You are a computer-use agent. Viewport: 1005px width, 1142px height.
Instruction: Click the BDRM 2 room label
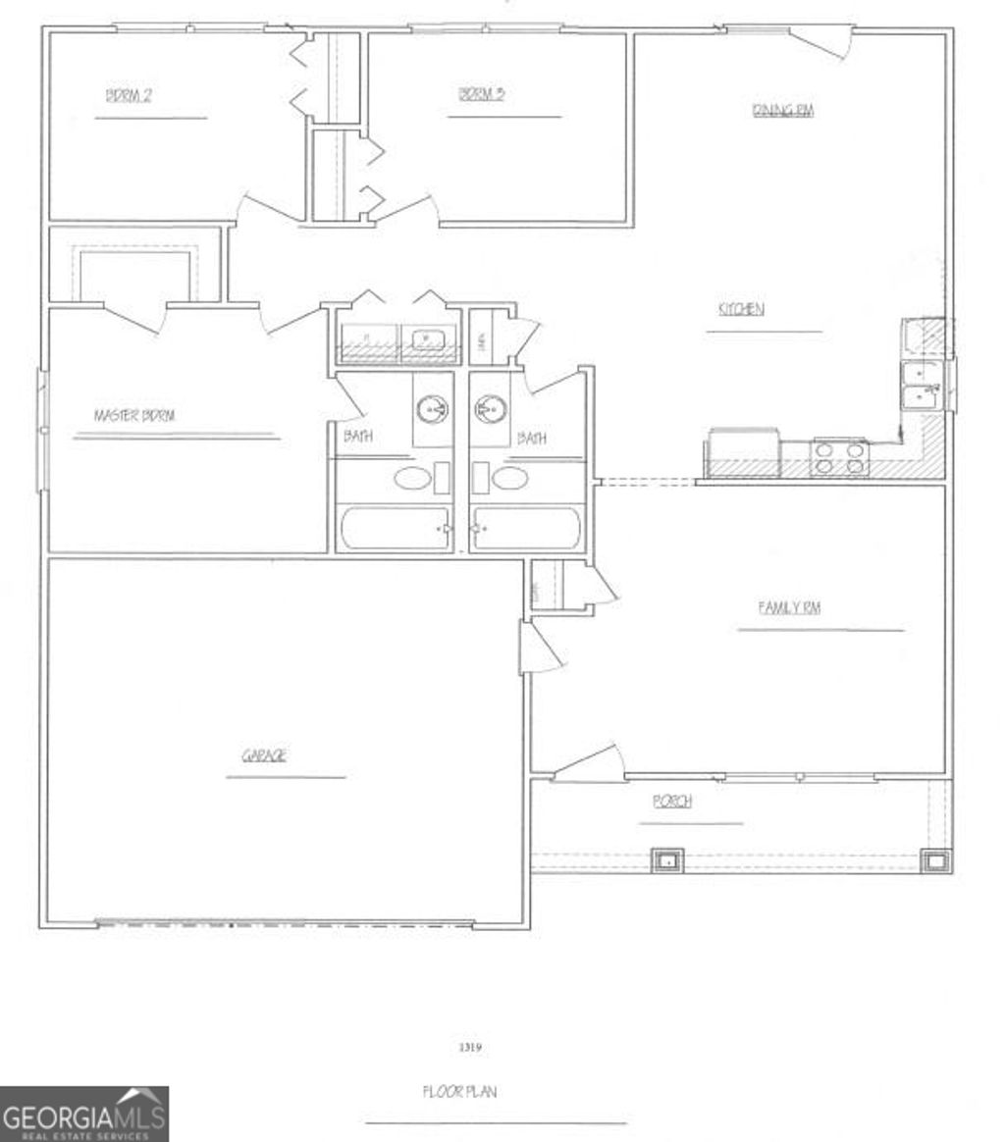click(128, 95)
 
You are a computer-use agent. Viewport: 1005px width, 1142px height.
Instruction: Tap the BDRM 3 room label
click(482, 94)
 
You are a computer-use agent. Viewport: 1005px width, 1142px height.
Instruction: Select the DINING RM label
click(783, 110)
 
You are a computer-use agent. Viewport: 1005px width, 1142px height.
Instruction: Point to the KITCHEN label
click(741, 309)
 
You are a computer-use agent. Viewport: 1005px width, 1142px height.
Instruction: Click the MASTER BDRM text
click(134, 416)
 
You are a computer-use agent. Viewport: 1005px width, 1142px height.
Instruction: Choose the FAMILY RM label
click(789, 608)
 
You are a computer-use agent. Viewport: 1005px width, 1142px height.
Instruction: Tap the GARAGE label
click(265, 755)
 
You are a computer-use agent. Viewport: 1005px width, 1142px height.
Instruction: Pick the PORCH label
click(672, 802)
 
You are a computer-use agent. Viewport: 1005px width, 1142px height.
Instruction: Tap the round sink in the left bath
click(432, 407)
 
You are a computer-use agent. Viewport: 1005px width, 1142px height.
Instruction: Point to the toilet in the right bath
click(509, 479)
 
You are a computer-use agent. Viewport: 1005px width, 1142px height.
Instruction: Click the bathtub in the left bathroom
click(394, 528)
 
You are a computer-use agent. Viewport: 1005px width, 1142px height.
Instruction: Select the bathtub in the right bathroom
click(528, 528)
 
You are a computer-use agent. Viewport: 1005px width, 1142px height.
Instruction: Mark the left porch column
click(667, 861)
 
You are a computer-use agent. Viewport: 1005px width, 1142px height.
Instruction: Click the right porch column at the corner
click(934, 861)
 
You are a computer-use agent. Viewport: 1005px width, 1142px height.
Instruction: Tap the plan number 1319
click(470, 1048)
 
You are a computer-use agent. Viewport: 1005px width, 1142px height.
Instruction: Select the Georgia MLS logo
click(84, 1114)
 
